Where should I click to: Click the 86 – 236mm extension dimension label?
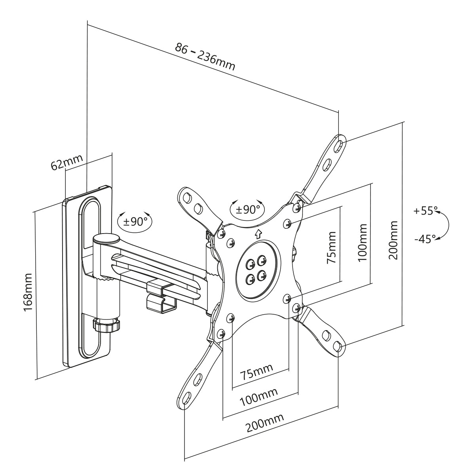pos(205,57)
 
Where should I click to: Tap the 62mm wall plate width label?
pos(66,162)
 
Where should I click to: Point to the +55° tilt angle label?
pos(426,211)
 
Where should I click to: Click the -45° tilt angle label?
pos(425,239)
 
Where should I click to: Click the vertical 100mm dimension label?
pos(362,243)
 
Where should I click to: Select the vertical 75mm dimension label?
pos(331,247)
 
